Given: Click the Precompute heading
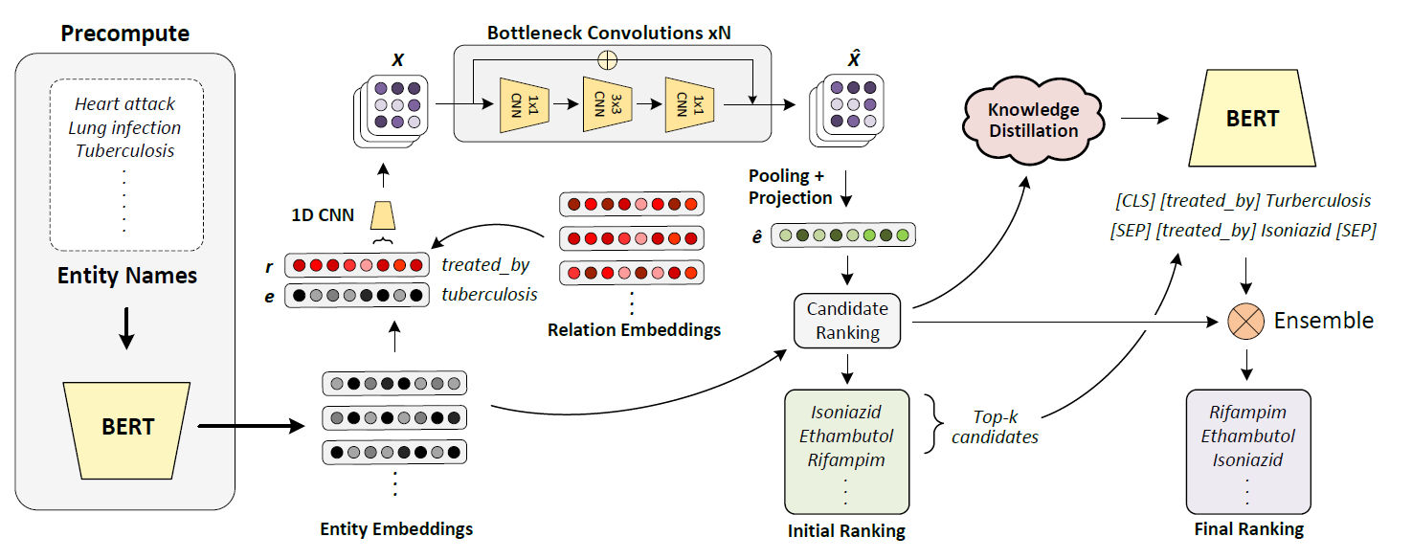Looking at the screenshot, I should (x=125, y=34).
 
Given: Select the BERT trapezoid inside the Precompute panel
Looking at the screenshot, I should (x=127, y=425).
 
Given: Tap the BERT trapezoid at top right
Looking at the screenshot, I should (x=1252, y=119).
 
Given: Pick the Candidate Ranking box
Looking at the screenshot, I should (x=848, y=321).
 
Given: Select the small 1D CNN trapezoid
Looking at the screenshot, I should (x=383, y=213).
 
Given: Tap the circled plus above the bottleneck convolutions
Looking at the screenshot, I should (x=607, y=59).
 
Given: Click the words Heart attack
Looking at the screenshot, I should (x=125, y=103).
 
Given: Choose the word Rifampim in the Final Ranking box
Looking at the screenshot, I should (x=1247, y=413).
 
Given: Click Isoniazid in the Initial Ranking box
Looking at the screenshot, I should (x=846, y=413).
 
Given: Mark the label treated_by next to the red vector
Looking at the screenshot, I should (x=485, y=264).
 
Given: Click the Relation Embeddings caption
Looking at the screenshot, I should (x=634, y=330).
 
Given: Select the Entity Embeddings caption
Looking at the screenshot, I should (x=396, y=528).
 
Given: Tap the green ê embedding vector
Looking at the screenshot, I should (x=847, y=235).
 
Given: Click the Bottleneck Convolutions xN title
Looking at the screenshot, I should (x=609, y=32).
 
